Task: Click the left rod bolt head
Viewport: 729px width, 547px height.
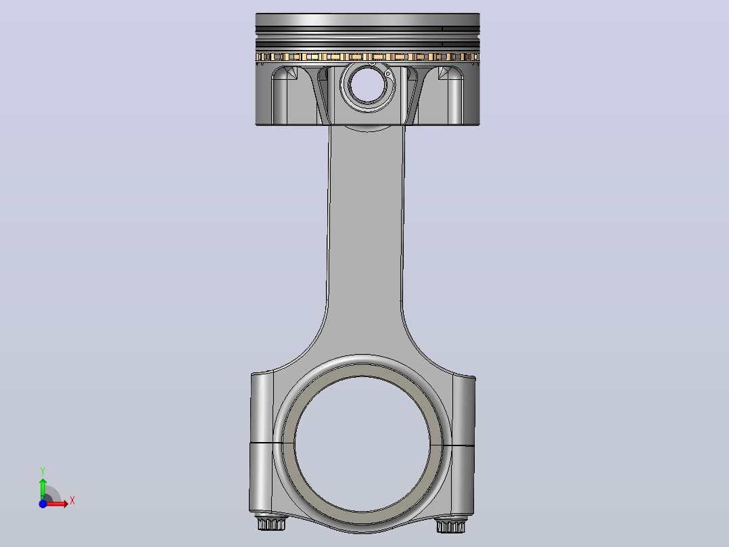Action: [272, 523]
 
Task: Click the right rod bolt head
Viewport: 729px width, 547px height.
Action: [450, 526]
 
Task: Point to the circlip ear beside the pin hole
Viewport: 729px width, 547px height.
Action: [387, 74]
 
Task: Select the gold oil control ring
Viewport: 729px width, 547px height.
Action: [367, 57]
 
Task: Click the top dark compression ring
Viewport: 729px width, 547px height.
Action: [367, 29]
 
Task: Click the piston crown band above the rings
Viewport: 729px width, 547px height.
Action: [367, 20]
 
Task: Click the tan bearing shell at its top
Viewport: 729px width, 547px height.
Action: [362, 370]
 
